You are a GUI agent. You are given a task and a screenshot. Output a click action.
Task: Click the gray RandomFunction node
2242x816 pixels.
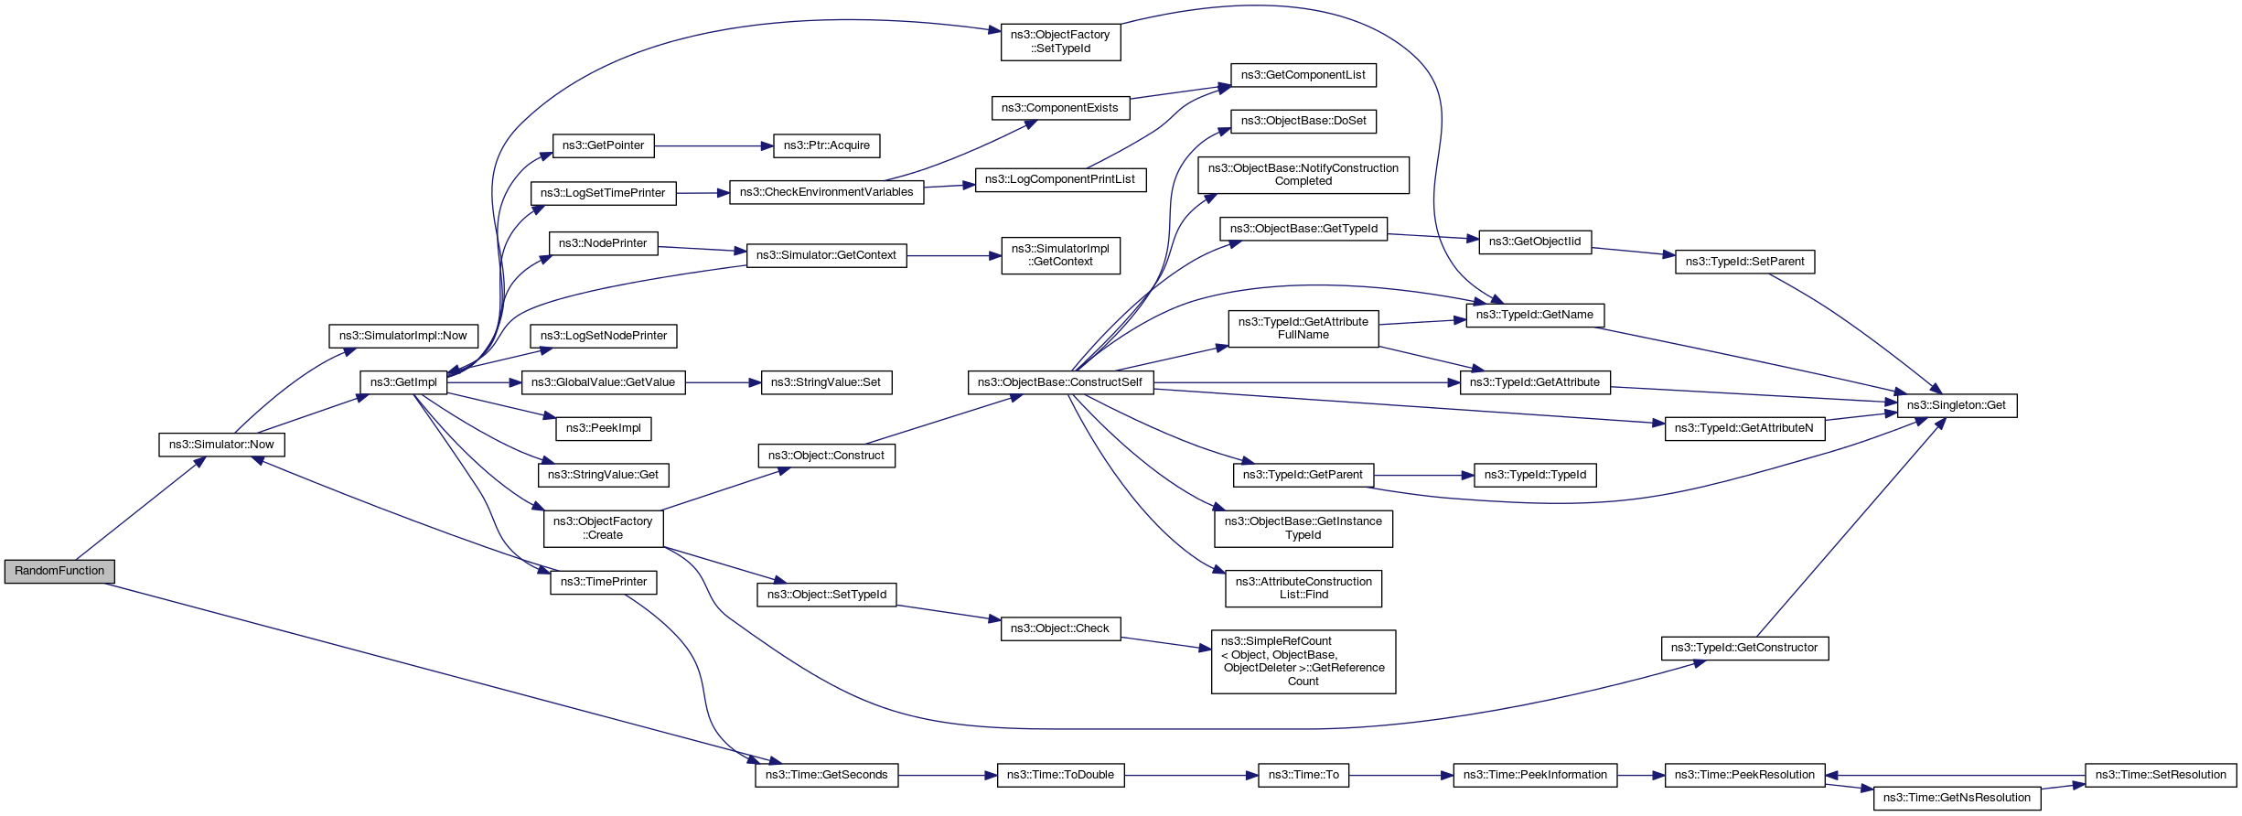click(59, 571)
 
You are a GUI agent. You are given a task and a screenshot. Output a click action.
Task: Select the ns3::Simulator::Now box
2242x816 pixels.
click(221, 445)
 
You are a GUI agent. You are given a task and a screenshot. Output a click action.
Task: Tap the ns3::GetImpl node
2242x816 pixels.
click(403, 382)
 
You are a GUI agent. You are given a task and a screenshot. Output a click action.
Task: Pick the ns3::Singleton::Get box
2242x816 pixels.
click(1957, 405)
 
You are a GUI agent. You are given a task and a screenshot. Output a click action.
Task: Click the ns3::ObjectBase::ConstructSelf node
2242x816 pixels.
click(1060, 382)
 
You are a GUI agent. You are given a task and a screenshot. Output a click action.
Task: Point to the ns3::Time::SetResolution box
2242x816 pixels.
click(2161, 775)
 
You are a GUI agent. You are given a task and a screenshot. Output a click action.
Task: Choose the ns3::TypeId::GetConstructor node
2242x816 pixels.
click(1744, 648)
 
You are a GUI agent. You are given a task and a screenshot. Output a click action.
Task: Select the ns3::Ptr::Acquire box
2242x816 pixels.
click(827, 145)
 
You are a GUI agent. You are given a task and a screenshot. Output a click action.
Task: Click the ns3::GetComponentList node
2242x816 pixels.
click(1303, 75)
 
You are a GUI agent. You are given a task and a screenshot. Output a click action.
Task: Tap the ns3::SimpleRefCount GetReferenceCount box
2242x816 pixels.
click(1303, 661)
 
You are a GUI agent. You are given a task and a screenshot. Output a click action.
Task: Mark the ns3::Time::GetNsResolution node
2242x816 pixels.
click(1957, 798)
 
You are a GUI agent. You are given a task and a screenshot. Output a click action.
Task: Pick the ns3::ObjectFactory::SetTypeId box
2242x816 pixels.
click(1060, 41)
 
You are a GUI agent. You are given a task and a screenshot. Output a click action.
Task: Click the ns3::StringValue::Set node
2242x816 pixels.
click(826, 382)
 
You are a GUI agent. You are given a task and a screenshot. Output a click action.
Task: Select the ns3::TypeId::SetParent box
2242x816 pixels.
click(1744, 262)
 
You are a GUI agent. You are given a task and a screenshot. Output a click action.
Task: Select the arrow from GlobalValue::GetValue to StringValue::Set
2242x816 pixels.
click(723, 382)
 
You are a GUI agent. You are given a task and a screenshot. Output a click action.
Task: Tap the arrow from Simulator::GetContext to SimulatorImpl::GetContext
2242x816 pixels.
click(954, 256)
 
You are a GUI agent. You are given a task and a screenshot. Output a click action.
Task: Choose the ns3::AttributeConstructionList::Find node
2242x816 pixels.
click(1303, 588)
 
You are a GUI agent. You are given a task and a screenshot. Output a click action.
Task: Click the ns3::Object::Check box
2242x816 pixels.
click(1060, 628)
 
